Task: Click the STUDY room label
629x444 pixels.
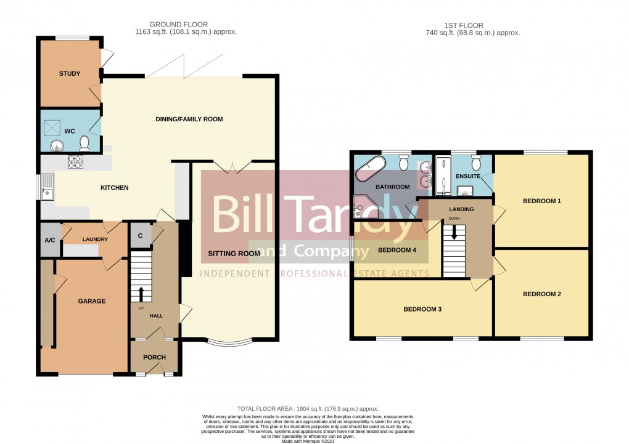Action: [x=70, y=74]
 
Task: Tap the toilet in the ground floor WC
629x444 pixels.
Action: [x=85, y=143]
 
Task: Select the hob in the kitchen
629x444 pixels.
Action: [x=75, y=162]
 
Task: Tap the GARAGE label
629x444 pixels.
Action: [x=91, y=301]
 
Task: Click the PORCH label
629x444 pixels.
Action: [x=154, y=357]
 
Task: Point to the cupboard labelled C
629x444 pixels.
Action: [x=140, y=235]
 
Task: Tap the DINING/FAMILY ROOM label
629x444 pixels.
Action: [x=189, y=119]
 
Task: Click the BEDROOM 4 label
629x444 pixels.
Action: [x=394, y=250]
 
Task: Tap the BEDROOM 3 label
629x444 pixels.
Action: [x=422, y=309]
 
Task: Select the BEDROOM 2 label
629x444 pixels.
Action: [x=541, y=294]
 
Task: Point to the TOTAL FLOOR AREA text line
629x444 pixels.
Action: [x=308, y=409]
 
